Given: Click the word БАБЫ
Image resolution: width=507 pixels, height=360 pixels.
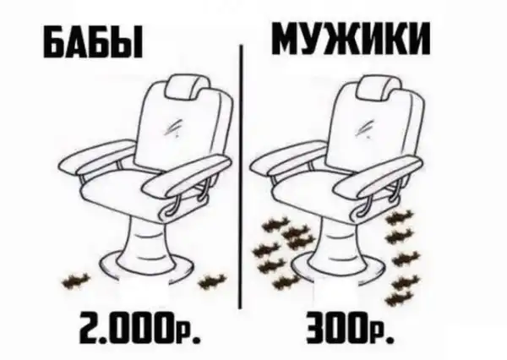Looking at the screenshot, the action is tap(93, 44).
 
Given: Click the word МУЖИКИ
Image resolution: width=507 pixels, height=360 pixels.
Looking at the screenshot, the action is tap(352, 38).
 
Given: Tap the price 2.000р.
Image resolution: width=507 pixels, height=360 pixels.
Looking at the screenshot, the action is tap(140, 328).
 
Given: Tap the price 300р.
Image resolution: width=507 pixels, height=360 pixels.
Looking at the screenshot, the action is tap(350, 328).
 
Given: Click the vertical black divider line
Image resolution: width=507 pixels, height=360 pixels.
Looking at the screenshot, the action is tap(240, 177).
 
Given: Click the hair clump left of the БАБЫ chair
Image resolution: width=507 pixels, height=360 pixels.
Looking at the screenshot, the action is tap(76, 281).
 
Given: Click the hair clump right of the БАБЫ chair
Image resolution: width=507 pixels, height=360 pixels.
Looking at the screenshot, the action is tap(212, 281).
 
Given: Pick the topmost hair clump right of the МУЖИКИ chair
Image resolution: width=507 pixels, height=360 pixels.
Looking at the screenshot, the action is tap(399, 216).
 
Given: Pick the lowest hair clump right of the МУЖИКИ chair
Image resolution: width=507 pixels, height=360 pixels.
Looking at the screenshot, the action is tap(398, 298).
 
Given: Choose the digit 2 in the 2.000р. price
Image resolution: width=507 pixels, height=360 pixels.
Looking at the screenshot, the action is tap(90, 328).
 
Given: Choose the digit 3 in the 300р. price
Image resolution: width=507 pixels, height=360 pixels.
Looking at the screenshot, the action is tap(315, 328).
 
